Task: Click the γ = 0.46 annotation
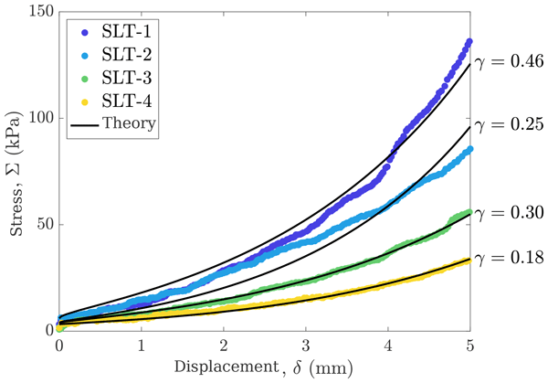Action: click(509, 62)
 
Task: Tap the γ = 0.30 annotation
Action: click(509, 212)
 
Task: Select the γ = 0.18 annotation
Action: click(509, 257)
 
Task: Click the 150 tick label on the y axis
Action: click(39, 13)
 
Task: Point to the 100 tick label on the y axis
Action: click(39, 119)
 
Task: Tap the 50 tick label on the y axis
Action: click(43, 225)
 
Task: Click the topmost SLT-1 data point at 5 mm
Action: click(469, 41)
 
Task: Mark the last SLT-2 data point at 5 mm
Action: click(469, 149)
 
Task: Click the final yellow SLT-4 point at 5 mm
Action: click(469, 260)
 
